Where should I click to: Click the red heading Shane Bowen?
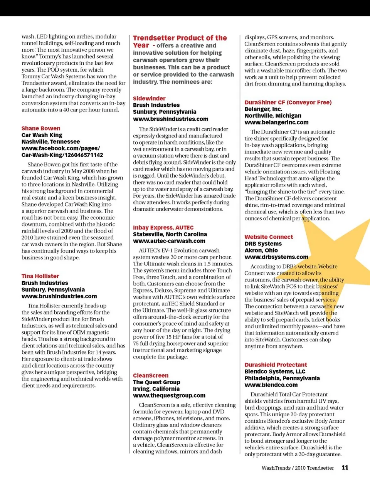pyautogui.click(x=41, y=128)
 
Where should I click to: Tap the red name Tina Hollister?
pyautogui.click(x=40, y=276)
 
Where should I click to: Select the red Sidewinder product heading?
pyautogui.click(x=149, y=99)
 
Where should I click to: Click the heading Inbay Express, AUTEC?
pyautogui.click(x=163, y=228)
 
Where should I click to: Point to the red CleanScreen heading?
pyautogui.click(x=151, y=376)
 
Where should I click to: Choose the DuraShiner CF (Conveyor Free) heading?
pyautogui.click(x=288, y=103)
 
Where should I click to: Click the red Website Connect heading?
pyautogui.click(x=269, y=237)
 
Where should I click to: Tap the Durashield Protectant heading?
pyautogui.click(x=276, y=365)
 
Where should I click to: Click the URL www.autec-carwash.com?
pyautogui.click(x=169, y=241)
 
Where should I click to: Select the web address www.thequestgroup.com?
pyautogui.click(x=169, y=396)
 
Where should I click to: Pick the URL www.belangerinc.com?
pyautogui.click(x=276, y=123)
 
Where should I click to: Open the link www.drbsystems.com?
pyautogui.click(x=276, y=257)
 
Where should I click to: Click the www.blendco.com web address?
pyautogui.click(x=271, y=385)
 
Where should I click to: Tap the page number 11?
pyautogui.click(x=345, y=467)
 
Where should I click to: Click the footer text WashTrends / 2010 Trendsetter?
pyautogui.click(x=298, y=468)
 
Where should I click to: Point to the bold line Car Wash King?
pyautogui.click(x=42, y=135)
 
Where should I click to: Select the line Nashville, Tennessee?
pyautogui.click(x=51, y=142)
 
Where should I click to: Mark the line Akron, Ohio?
pyautogui.click(x=261, y=250)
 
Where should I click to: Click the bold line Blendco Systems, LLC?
pyautogui.click(x=275, y=372)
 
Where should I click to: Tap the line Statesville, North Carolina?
pyautogui.click(x=170, y=234)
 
